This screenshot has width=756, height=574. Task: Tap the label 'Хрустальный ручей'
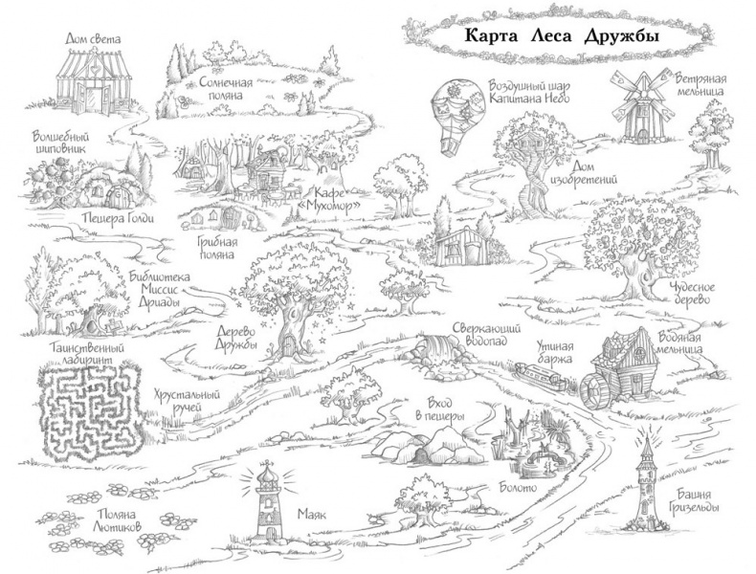point(181,401)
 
